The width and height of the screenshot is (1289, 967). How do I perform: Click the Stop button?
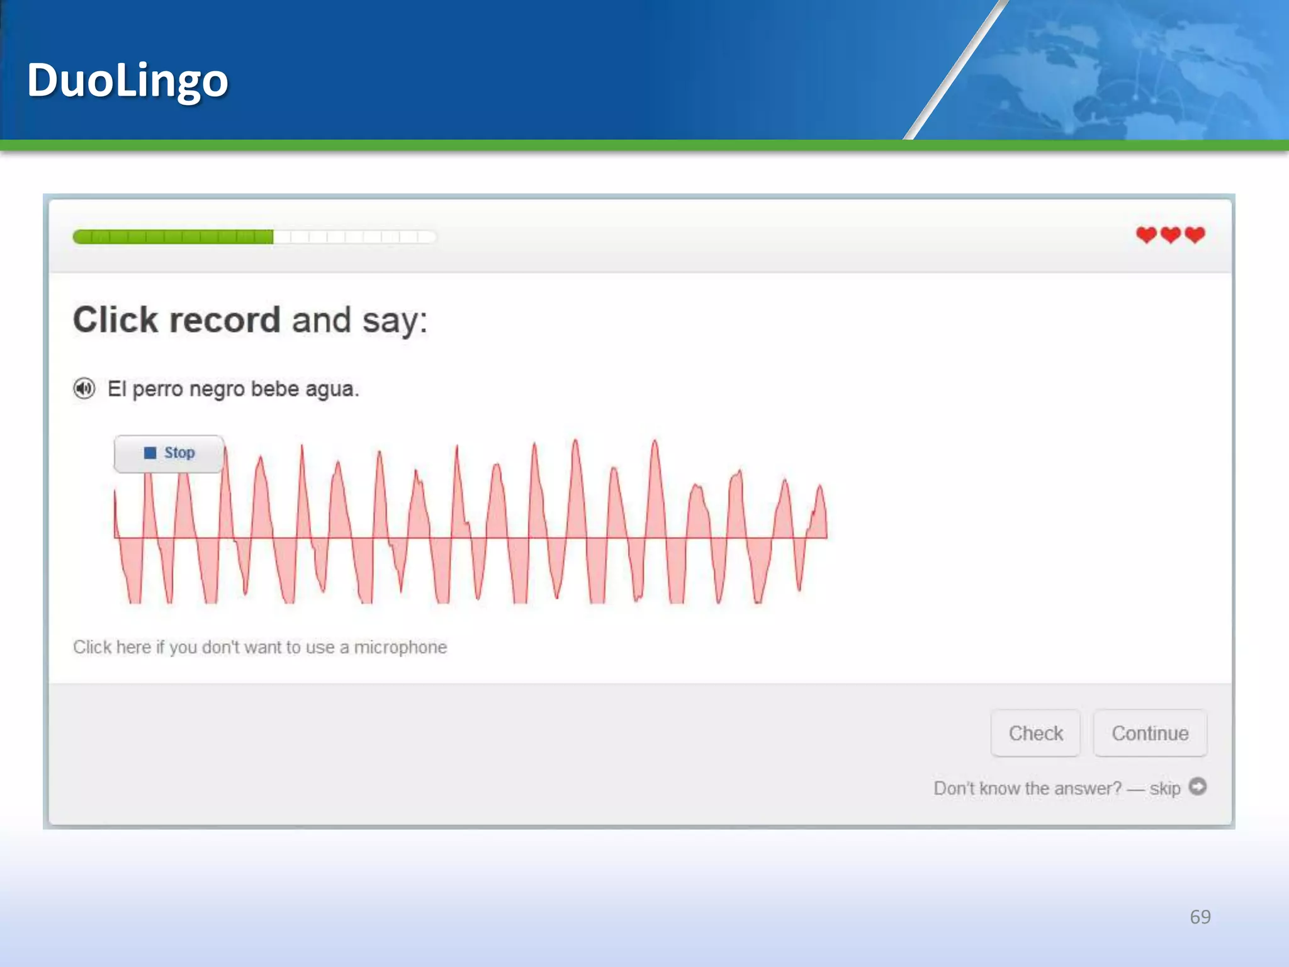[x=169, y=453]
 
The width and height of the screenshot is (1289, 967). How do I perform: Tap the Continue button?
[x=1150, y=733]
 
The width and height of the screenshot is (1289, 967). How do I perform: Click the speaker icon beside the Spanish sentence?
[x=84, y=388]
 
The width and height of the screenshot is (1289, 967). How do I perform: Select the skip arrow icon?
[x=1198, y=787]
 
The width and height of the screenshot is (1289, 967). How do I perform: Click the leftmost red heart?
[x=1146, y=235]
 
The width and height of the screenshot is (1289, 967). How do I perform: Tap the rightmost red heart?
[x=1195, y=235]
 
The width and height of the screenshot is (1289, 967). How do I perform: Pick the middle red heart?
[x=1171, y=235]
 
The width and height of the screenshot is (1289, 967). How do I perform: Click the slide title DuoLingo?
[x=127, y=81]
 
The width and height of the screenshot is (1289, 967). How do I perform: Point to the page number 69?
[x=1200, y=917]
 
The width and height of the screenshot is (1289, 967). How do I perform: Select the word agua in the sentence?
[x=331, y=390]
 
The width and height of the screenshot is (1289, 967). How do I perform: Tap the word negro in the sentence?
[x=217, y=390]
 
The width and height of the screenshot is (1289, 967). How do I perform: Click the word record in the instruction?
[x=225, y=320]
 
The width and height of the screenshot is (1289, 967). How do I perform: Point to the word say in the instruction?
[x=390, y=321]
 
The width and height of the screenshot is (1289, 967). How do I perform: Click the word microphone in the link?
[x=400, y=647]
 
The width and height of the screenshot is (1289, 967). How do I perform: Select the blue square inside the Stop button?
[x=150, y=453]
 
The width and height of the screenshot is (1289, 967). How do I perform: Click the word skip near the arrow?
[x=1164, y=789]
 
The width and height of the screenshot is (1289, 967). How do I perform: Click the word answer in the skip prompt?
[x=1088, y=788]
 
